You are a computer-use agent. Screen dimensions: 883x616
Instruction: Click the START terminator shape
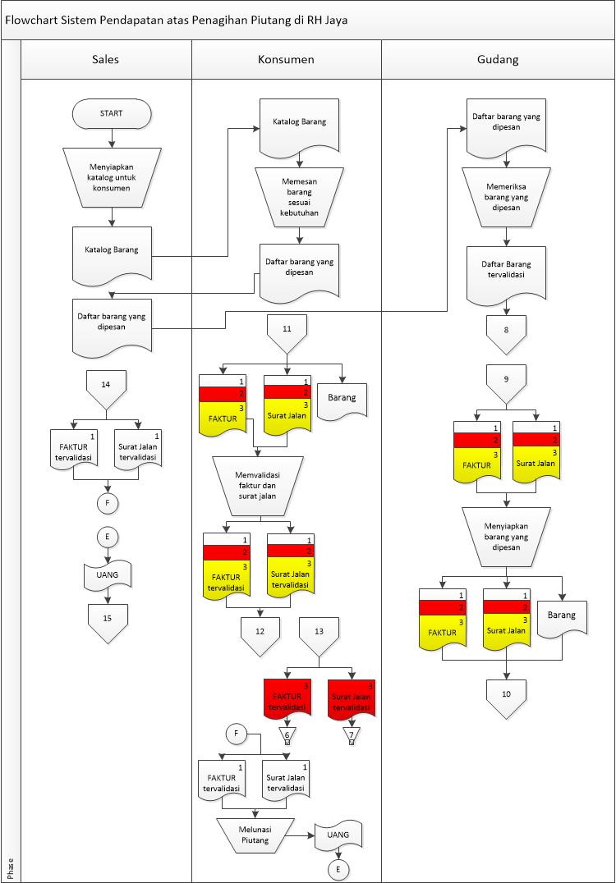(x=111, y=113)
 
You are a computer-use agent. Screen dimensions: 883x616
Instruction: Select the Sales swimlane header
(x=105, y=59)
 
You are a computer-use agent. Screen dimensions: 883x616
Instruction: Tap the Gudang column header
(x=498, y=59)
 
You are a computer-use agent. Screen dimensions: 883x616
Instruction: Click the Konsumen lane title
(x=286, y=59)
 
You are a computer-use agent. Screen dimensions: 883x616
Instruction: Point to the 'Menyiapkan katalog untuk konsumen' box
(x=111, y=176)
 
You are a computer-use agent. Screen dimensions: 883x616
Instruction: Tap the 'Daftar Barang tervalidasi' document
(x=505, y=271)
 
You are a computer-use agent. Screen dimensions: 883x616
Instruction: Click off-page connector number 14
(x=106, y=387)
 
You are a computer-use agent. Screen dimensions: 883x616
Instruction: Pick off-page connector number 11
(x=287, y=332)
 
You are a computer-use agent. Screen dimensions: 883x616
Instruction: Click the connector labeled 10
(x=505, y=698)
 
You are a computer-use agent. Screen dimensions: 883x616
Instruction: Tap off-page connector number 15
(x=107, y=620)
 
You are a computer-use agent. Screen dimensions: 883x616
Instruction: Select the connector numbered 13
(x=319, y=634)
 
